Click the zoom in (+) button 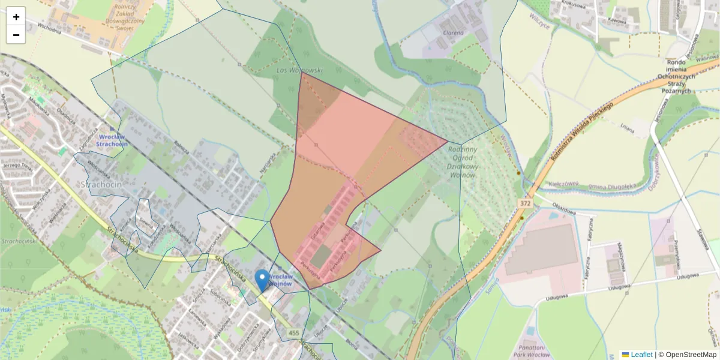tap(16, 17)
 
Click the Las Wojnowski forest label tap(298, 70)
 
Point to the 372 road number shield tap(526, 204)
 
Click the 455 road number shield tap(293, 333)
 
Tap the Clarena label tap(453, 33)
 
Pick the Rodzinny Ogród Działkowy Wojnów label tap(462, 162)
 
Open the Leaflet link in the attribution tap(641, 355)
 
